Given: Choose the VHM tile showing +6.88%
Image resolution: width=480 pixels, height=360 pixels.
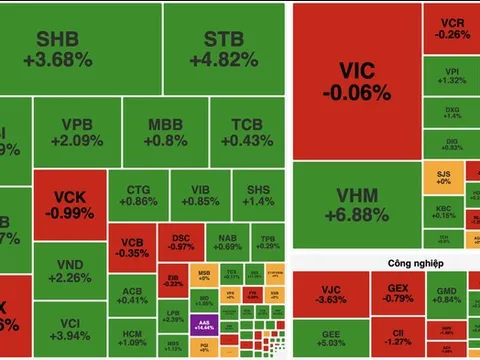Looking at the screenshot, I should [356, 205].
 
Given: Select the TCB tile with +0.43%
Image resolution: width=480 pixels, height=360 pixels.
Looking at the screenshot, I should [247, 133].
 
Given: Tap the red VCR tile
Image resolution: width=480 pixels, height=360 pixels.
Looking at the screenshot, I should [450, 27].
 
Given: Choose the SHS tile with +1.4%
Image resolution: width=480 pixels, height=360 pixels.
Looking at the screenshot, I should [258, 194].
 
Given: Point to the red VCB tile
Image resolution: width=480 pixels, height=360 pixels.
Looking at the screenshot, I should [131, 246].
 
